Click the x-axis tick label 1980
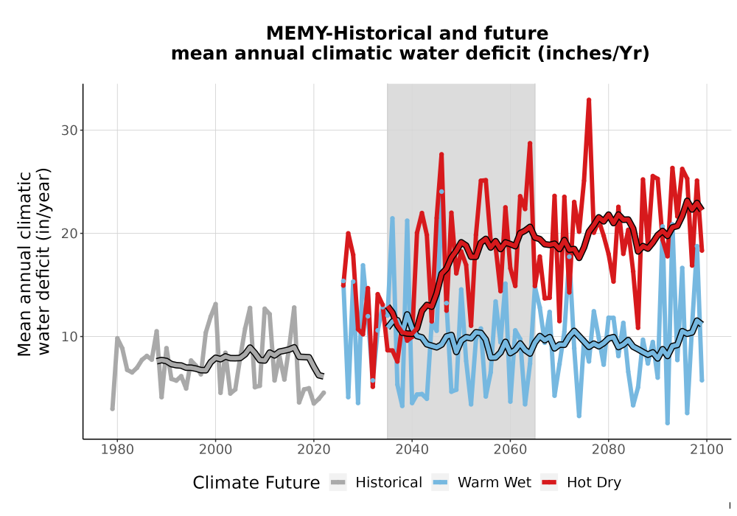tap(117, 450)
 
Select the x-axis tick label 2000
tap(215, 450)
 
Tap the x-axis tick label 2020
tap(313, 450)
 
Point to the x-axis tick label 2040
tap(412, 450)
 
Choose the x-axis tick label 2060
tap(510, 450)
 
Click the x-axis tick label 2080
tap(608, 450)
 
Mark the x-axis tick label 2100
tap(707, 450)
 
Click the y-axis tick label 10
tap(69, 337)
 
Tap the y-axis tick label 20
tap(69, 234)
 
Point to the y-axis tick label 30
tap(69, 130)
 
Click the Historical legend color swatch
tap(338, 483)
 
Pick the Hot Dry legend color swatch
tap(549, 483)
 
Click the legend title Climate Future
tap(256, 483)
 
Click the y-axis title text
tap(34, 263)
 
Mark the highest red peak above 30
tap(588, 100)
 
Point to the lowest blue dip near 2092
tap(668, 422)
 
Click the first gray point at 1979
tap(112, 408)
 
